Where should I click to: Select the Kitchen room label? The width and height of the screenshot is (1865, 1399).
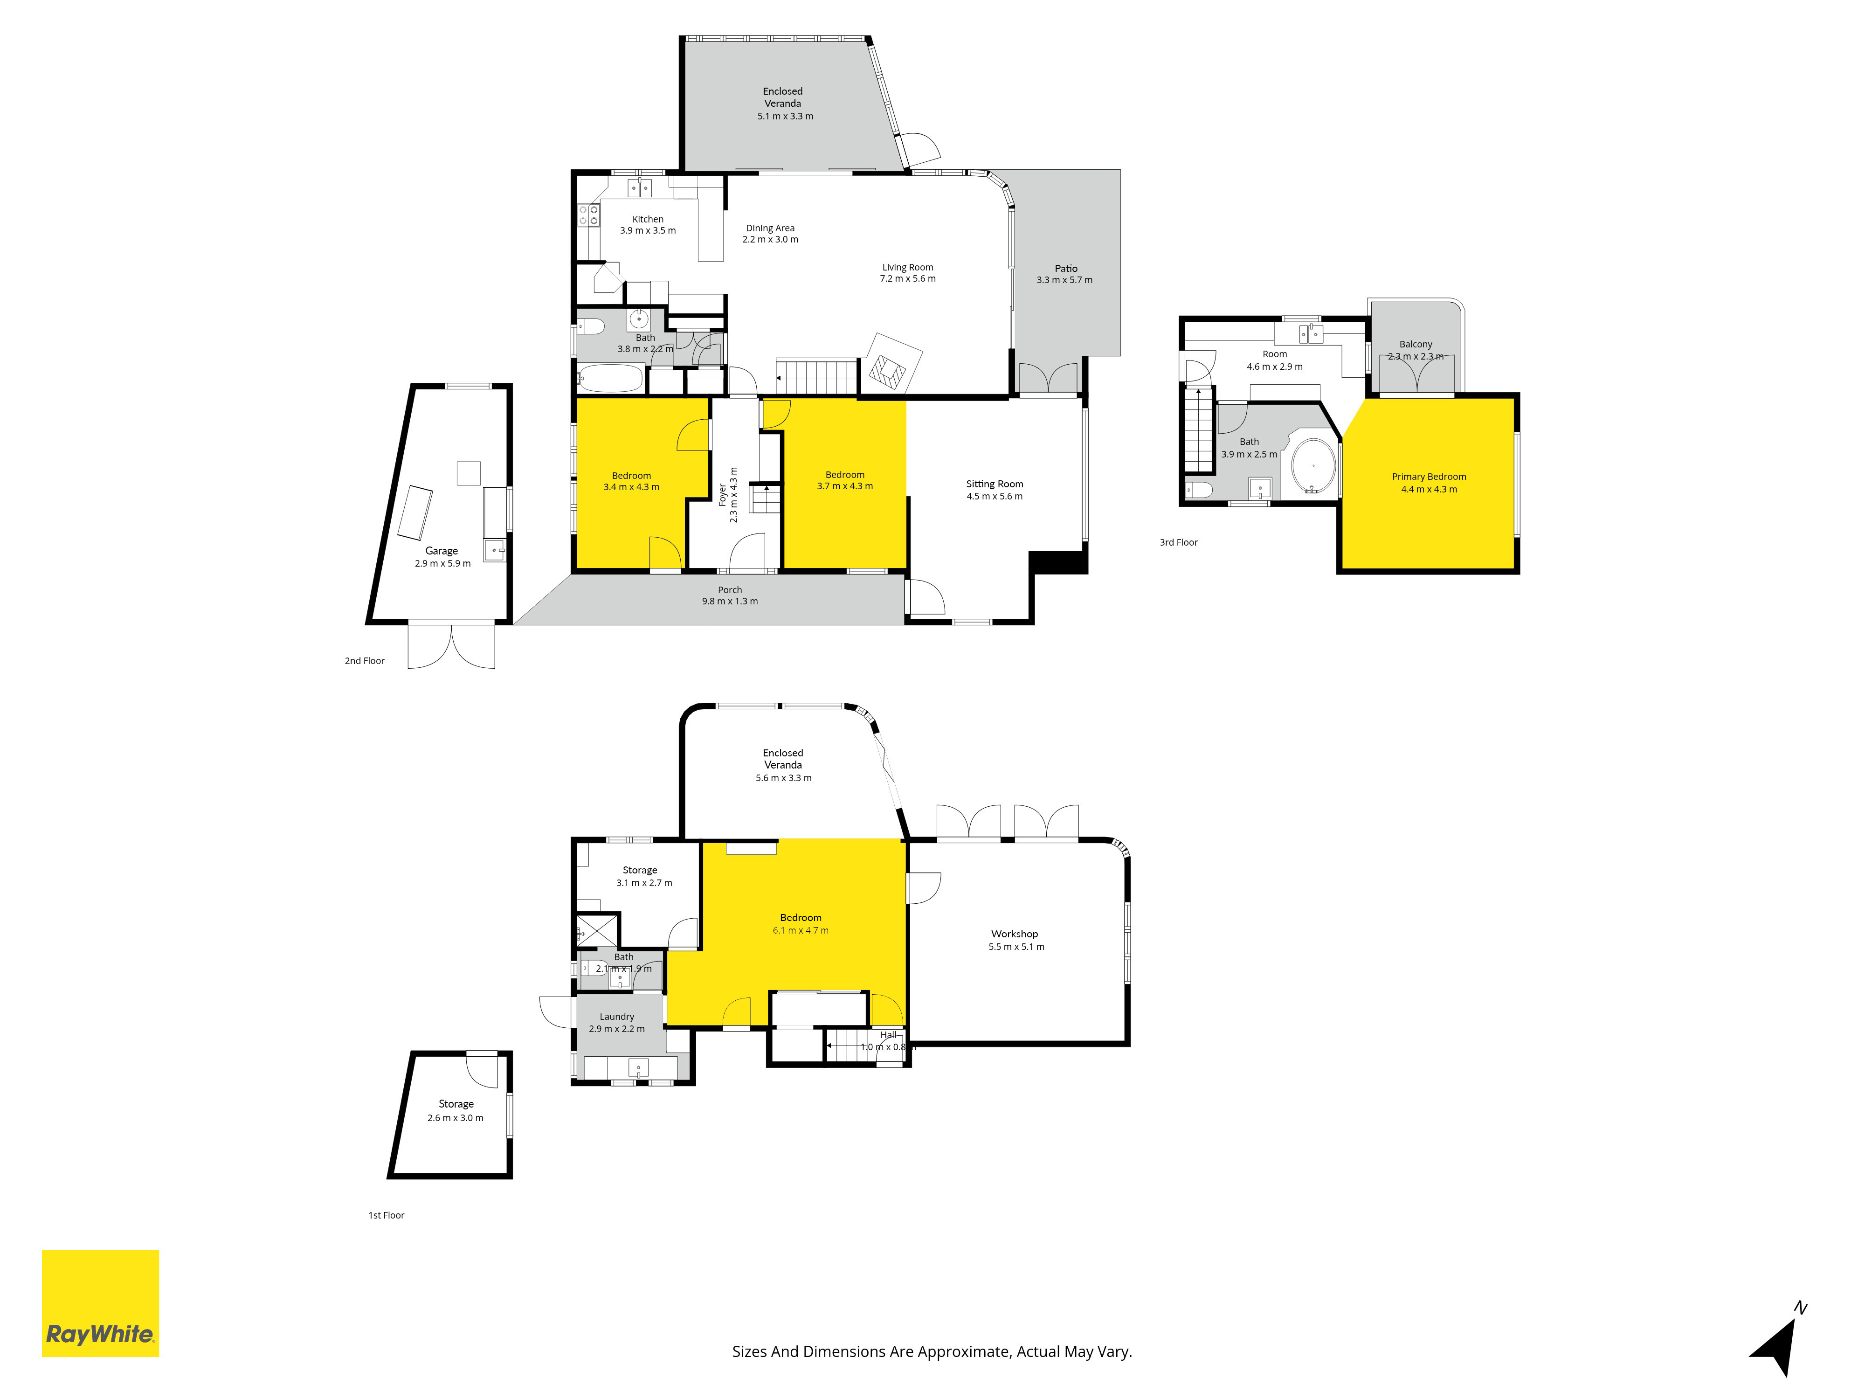click(648, 219)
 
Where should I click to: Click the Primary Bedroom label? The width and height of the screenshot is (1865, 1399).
click(1429, 477)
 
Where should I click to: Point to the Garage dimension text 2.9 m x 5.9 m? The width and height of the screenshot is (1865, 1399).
click(442, 563)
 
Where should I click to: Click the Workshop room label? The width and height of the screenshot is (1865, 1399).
click(1014, 934)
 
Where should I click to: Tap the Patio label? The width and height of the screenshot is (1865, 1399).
click(1066, 268)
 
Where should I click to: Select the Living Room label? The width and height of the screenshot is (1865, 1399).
click(908, 267)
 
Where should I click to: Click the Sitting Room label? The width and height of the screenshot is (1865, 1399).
click(995, 484)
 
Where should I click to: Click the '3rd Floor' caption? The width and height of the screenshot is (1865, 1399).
click(1179, 542)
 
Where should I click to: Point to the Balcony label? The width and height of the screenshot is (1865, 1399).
click(1416, 344)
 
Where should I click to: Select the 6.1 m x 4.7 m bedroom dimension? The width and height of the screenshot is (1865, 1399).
click(801, 931)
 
